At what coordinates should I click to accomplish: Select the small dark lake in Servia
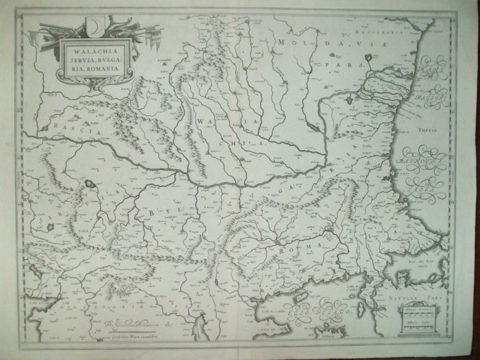(91, 184)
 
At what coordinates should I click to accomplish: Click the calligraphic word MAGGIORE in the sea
(417, 159)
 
